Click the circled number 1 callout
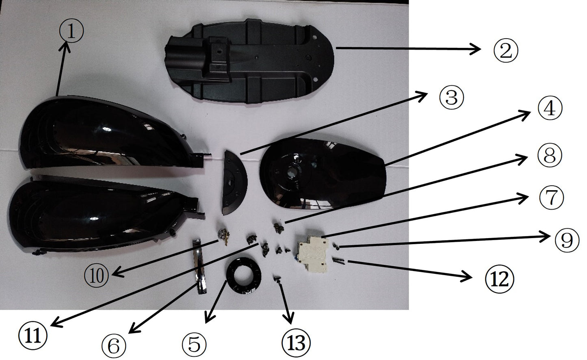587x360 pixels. coord(71,31)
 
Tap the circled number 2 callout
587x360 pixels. coord(505,50)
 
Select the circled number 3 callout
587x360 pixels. coord(451,98)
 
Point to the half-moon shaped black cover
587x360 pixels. coord(234,181)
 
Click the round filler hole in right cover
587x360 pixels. coord(292,173)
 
